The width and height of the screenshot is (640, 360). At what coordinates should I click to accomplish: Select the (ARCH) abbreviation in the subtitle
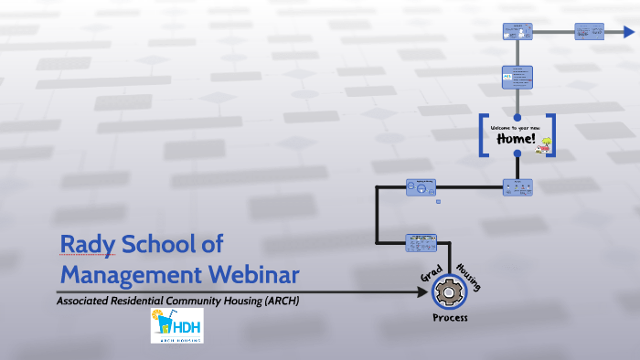tap(279, 300)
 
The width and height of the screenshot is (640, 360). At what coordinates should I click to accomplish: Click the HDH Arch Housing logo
tap(176, 325)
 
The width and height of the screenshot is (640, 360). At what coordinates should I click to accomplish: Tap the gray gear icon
tap(448, 292)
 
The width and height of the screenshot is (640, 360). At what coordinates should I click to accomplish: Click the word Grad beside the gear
tap(432, 275)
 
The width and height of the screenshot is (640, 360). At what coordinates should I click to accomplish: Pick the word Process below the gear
tap(450, 318)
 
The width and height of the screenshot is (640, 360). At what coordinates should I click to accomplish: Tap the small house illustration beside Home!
tap(547, 143)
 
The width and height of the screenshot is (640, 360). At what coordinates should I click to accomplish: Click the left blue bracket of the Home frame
tap(483, 134)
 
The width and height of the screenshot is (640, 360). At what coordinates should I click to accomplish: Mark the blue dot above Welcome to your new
tap(517, 117)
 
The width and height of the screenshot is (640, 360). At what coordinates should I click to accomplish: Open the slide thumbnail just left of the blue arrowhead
tap(589, 31)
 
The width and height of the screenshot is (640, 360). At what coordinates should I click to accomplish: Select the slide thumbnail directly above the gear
tap(421, 243)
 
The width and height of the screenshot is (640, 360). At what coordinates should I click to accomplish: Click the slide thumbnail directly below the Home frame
tap(517, 186)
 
